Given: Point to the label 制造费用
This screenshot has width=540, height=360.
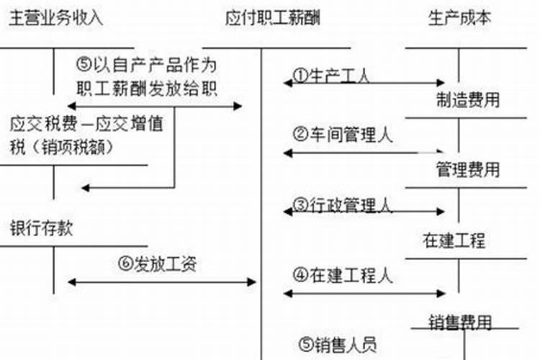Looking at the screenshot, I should pos(467,99).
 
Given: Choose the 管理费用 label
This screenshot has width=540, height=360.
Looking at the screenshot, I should pos(467,170).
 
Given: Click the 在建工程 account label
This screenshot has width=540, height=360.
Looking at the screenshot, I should pos(454,240).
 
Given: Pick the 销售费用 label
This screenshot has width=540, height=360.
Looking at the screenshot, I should pos(460,320).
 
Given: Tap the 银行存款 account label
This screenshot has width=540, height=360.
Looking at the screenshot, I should pos(42,228).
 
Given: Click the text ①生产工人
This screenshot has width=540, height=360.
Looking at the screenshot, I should pos(332,76).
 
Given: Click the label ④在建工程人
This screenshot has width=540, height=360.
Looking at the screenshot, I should pos(343,275).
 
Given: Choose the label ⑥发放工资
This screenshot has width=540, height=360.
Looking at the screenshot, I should pos(157,264).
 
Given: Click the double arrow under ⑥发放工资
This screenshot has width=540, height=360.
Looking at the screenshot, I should pos(161,282).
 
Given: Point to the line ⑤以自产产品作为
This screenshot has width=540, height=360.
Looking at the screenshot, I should pos(145,63).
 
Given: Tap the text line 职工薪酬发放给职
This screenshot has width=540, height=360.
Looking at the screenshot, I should pos(147,86).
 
